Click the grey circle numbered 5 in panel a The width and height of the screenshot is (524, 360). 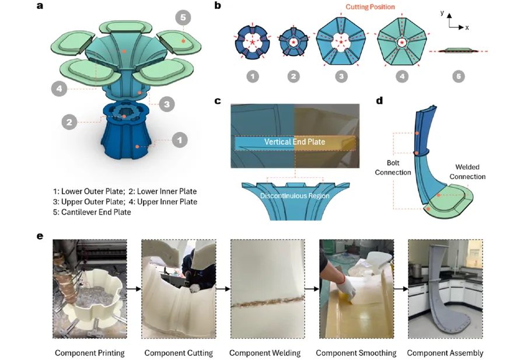(x=183, y=18)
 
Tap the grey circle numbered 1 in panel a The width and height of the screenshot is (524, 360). (x=180, y=139)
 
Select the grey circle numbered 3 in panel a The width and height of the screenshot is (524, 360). (x=167, y=104)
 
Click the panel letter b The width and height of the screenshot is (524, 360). (x=218, y=6)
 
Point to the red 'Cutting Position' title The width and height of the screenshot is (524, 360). (x=370, y=6)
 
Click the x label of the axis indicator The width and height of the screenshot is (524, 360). (x=467, y=27)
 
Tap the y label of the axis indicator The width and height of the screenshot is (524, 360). (x=442, y=13)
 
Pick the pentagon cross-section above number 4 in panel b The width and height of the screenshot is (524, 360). (x=402, y=42)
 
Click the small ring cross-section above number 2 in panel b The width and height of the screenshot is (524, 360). (x=294, y=41)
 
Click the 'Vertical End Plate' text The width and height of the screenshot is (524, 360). (x=295, y=142)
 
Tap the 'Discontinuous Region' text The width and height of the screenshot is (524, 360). (x=295, y=195)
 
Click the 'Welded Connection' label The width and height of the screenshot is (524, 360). (x=467, y=172)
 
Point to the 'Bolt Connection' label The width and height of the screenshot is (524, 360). (x=393, y=167)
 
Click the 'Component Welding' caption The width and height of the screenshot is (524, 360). (x=265, y=353)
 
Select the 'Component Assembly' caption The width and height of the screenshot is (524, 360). (x=445, y=353)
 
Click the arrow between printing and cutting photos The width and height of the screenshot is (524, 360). (x=134, y=289)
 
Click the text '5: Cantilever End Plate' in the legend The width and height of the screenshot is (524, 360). (x=92, y=212)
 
